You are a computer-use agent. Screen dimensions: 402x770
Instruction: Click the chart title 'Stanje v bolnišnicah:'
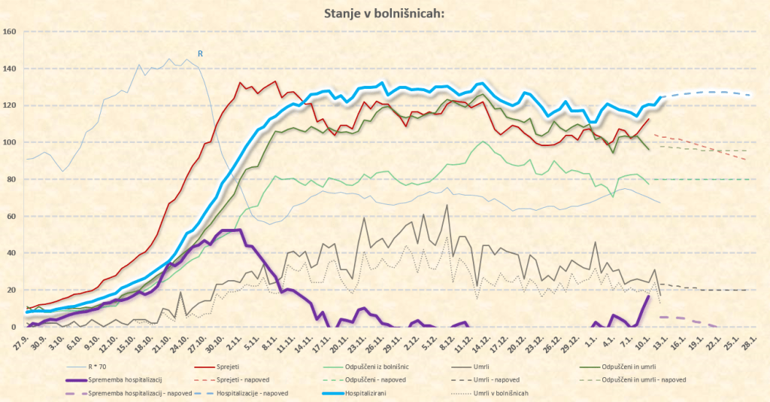coord(384,14)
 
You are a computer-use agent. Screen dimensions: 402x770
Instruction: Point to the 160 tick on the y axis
coord(10,32)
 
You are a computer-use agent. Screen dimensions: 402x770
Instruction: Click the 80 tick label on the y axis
coord(11,179)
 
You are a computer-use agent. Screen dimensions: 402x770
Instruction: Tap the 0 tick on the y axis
coord(14,327)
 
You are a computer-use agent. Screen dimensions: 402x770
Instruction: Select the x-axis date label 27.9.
coord(28,341)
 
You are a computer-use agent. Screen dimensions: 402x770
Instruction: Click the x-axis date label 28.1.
coord(749,341)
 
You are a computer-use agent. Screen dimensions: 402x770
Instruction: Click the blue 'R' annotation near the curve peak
coord(200,53)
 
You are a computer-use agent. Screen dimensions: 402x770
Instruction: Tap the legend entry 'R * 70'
coord(98,367)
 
